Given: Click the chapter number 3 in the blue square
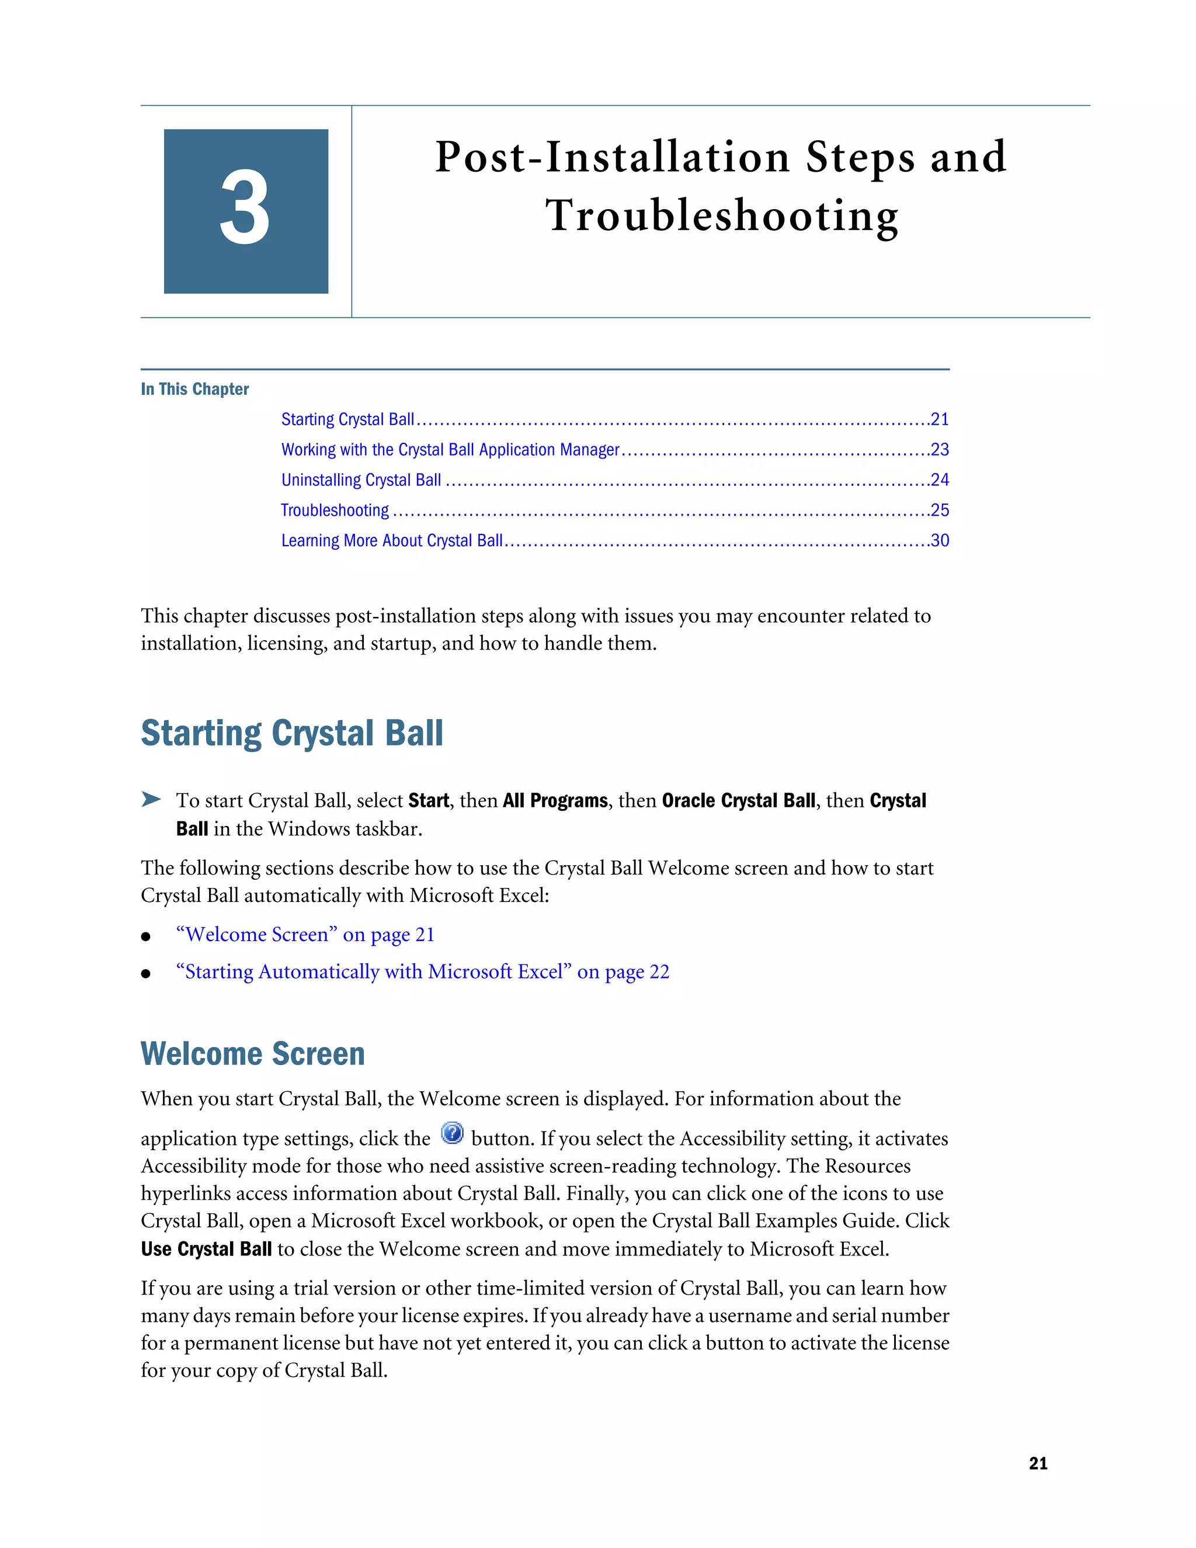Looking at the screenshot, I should [245, 210].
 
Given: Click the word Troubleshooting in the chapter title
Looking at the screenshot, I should [721, 216].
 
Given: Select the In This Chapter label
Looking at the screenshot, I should [195, 389].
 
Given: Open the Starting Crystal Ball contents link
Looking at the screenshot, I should [347, 419].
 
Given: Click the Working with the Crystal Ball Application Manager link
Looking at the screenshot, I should [450, 450].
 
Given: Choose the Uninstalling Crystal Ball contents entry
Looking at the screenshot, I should [361, 481].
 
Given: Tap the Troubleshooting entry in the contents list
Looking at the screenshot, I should [335, 511].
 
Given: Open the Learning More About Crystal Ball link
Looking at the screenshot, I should [391, 541].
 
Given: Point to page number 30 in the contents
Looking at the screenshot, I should [940, 541].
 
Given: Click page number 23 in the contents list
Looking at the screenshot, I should [940, 450].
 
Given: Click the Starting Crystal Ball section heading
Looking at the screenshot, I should [291, 733].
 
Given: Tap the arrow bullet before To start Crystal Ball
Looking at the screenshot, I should [150, 800].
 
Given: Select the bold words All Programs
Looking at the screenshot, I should [555, 801].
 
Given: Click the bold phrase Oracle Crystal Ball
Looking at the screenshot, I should [738, 801].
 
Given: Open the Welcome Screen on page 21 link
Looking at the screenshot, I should [305, 935].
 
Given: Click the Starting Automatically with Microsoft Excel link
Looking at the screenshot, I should [422, 972].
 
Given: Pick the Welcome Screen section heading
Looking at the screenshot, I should [252, 1054].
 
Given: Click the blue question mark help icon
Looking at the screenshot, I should [452, 1133].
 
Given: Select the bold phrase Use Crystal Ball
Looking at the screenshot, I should [206, 1249].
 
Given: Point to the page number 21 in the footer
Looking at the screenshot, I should [1038, 1463].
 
